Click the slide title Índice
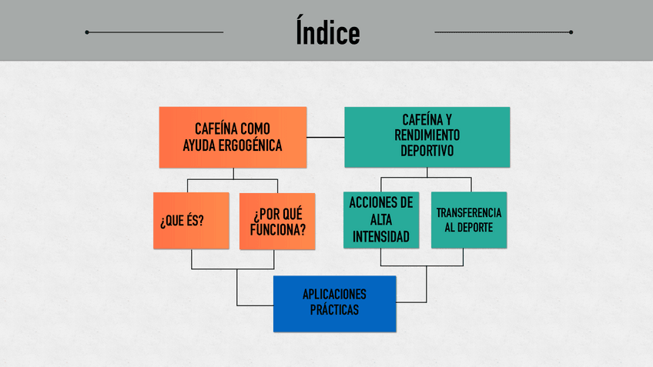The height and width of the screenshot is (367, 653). click(327, 33)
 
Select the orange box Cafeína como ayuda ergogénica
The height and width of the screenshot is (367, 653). click(233, 137)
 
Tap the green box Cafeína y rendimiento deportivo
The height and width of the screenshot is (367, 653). click(427, 136)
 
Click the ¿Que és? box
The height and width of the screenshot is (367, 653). click(191, 221)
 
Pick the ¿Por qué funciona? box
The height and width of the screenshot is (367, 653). click(277, 221)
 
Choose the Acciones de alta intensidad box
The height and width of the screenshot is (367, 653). click(381, 220)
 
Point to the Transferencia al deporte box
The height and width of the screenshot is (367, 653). click(468, 220)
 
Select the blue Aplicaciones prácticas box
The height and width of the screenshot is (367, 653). click(334, 303)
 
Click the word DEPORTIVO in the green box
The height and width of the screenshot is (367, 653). click(427, 151)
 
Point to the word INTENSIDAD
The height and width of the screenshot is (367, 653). click(381, 236)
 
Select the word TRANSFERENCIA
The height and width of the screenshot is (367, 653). click(468, 212)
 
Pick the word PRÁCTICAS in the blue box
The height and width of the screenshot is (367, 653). click(334, 311)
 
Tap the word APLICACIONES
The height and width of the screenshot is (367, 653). click(334, 295)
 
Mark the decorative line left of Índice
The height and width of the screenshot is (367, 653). click(154, 32)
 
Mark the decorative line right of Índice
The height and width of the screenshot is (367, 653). click(503, 32)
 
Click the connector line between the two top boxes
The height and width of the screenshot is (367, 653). click(326, 137)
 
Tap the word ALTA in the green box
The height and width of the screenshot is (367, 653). click(381, 219)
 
